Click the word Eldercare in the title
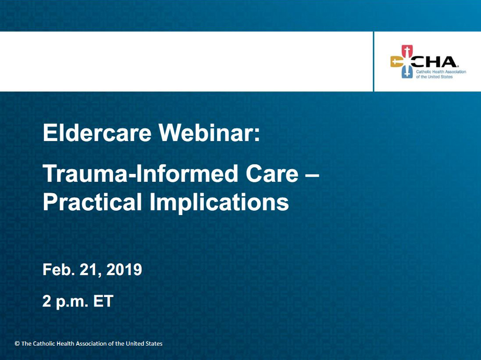[x=97, y=133]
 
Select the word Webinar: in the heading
[x=209, y=133]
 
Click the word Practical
[x=92, y=202]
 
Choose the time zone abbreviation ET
[x=103, y=301]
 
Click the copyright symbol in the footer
[x=17, y=344]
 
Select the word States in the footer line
[x=154, y=344]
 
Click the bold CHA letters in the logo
[x=434, y=62]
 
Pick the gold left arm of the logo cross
[x=396, y=62]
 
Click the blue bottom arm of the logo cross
[x=407, y=72]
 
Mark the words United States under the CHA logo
[x=440, y=77]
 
